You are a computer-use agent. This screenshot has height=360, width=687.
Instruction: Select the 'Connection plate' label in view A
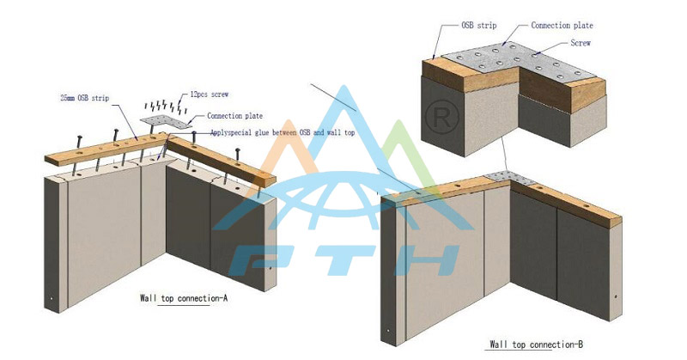(235, 116)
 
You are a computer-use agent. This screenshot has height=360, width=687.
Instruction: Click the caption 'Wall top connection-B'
(536, 345)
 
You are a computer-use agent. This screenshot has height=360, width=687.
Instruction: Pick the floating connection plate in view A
(162, 124)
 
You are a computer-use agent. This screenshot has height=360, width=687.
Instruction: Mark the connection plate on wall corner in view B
(512, 177)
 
